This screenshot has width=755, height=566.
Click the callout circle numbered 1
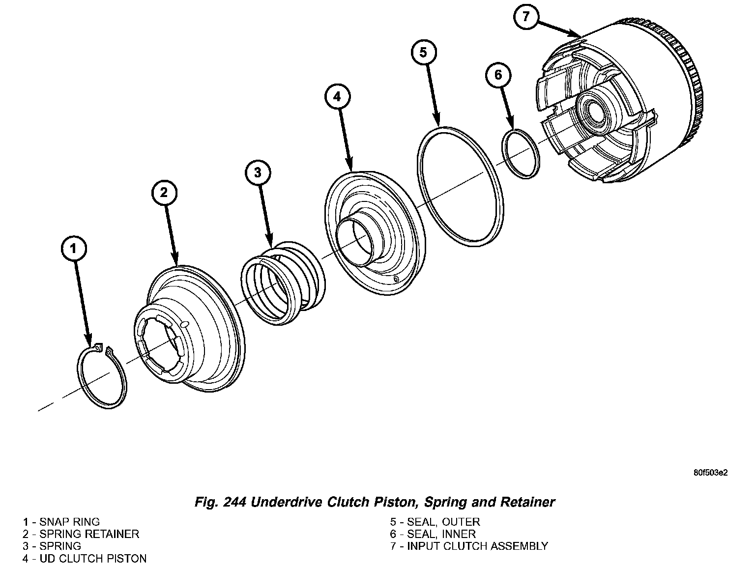coord(74,249)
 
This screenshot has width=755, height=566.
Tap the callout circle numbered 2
coord(164,192)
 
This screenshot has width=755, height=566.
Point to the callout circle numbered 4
coord(337,97)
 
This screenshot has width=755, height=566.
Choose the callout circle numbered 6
coord(498,75)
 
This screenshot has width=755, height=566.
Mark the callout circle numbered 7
coord(526,17)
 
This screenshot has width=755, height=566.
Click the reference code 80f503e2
coord(710,473)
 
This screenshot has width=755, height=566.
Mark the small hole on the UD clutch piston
coord(397,280)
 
